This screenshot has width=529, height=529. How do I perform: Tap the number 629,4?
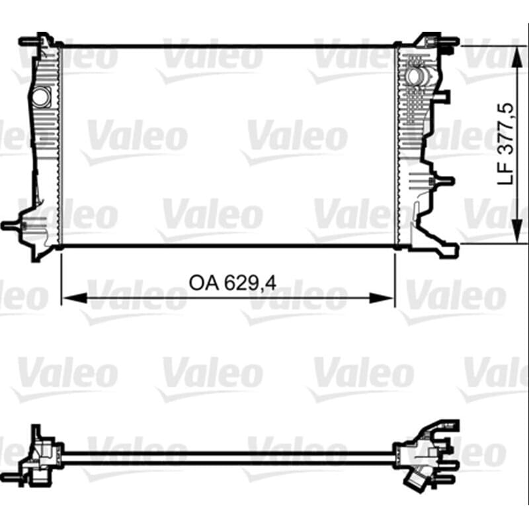pos(251,284)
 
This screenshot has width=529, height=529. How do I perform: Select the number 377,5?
pos(506,128)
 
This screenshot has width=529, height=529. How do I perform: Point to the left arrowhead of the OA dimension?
pos(75,298)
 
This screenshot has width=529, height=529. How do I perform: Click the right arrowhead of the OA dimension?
pos(382,298)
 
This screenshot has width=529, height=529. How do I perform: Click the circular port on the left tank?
pos(42,96)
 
